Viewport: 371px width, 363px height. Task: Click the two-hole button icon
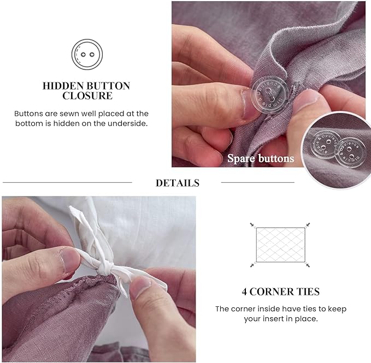87,54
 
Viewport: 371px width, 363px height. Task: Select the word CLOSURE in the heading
87,96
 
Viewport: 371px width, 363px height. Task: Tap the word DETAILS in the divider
178,183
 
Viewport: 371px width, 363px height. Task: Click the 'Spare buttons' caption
261,159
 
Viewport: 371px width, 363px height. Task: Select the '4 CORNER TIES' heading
280,291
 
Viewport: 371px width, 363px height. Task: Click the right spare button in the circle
348,151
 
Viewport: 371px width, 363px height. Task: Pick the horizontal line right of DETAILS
257,182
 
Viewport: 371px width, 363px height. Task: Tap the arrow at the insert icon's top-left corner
252,224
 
